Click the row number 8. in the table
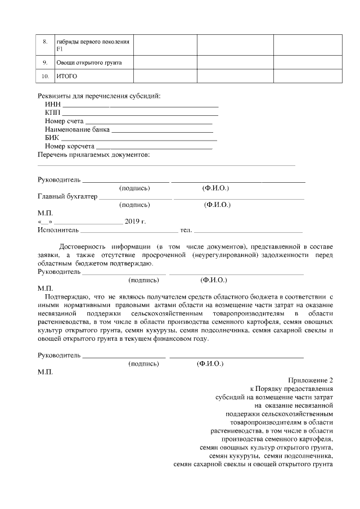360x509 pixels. click(46, 42)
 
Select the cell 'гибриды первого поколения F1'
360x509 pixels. click(93, 45)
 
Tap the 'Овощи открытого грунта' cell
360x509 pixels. click(89, 62)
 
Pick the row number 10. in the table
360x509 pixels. click(46, 76)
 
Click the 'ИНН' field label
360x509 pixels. click(52, 104)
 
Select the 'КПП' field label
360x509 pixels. click(52, 112)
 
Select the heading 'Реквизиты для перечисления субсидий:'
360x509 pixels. click(99, 95)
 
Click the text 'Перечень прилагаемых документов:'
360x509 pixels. click(93, 155)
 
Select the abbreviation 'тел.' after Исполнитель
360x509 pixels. click(186, 230)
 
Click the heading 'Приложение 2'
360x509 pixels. click(311, 380)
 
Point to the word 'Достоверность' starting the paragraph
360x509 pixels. click(82, 246)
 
